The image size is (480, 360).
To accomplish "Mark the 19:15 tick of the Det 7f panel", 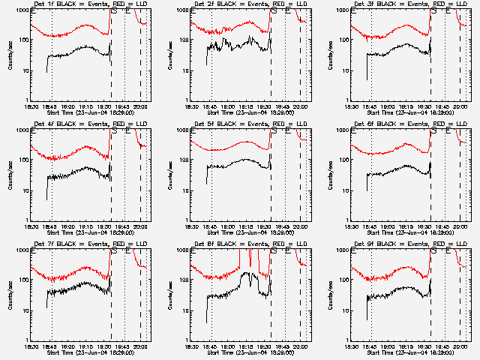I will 85,346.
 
